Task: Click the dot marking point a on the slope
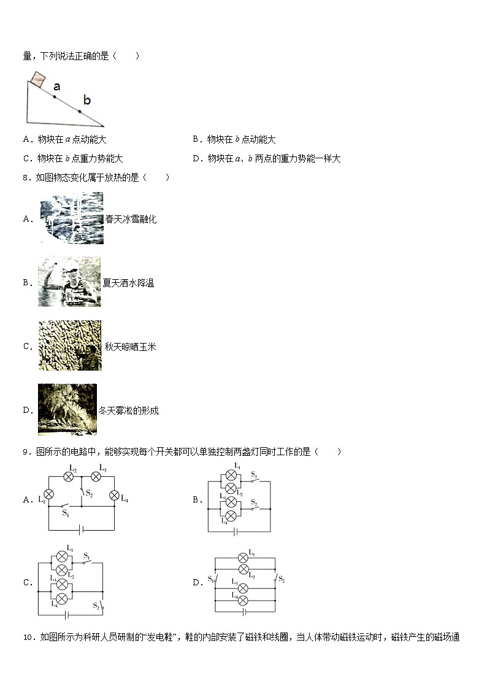pyautogui.click(x=54, y=96)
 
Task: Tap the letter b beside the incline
pyautogui.click(x=86, y=100)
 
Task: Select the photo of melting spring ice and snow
pyautogui.click(x=72, y=218)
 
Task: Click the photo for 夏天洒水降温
pyautogui.click(x=69, y=282)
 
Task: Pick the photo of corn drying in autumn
pyautogui.click(x=70, y=345)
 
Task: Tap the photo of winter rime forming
pyautogui.click(x=67, y=410)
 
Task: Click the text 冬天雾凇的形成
pyautogui.click(x=129, y=410)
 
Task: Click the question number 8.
pyautogui.click(x=26, y=177)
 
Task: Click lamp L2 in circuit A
pyautogui.click(x=69, y=477)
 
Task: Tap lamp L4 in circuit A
pyautogui.click(x=113, y=496)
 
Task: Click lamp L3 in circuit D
pyautogui.click(x=243, y=587)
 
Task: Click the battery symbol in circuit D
pyautogui.click(x=245, y=612)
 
